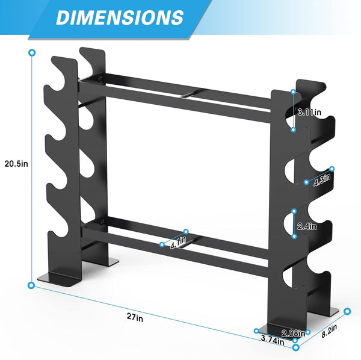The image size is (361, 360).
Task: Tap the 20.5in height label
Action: coord(16,163)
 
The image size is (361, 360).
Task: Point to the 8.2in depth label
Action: coord(329,329)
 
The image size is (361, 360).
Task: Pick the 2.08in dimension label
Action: coord(292,332)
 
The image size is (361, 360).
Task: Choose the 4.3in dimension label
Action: coord(321,179)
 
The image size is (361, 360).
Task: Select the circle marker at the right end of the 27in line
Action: coord(295,347)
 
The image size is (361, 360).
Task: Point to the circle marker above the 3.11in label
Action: coord(293,92)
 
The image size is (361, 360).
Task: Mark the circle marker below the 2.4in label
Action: coord(294,237)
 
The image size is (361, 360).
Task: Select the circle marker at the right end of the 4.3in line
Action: coord(332,169)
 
